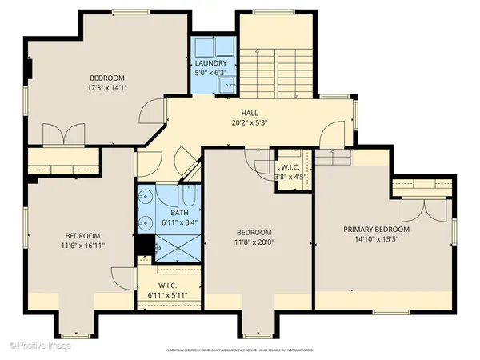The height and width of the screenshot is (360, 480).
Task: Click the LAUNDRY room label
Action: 211,63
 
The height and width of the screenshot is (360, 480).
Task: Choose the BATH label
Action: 179,212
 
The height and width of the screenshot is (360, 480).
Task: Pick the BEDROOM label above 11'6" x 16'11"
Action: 82,235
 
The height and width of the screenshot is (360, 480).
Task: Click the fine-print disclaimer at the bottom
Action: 239,350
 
